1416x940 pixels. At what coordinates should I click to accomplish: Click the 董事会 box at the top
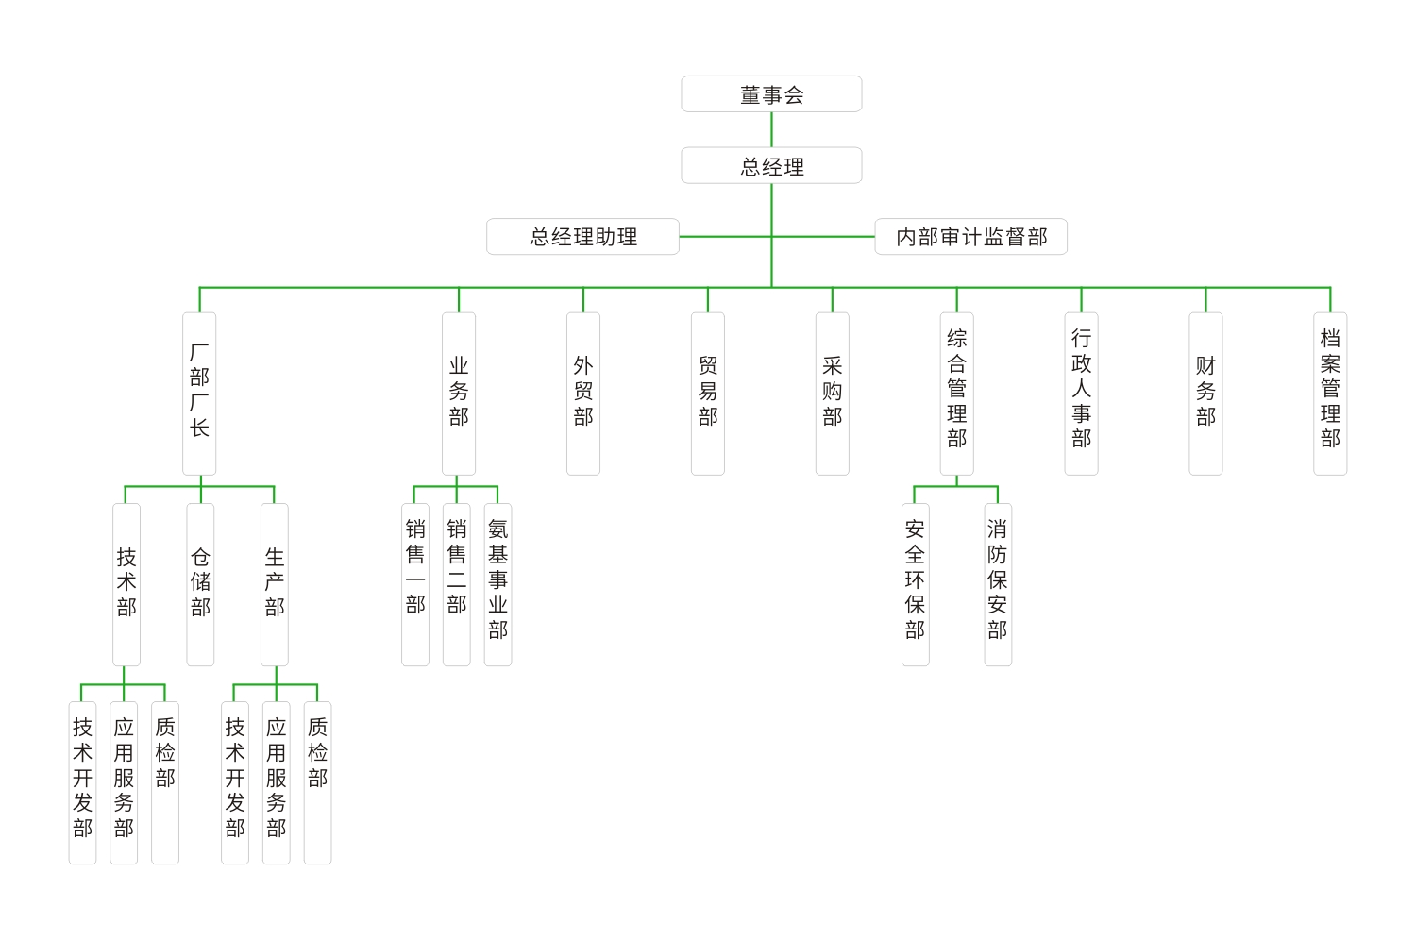coord(771,94)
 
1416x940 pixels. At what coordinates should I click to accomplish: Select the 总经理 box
coord(771,166)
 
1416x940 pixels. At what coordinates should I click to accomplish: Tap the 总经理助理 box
coord(582,237)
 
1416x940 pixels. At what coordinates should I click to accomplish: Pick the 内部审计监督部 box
coord(970,237)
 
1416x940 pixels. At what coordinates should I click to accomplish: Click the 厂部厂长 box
coord(199,394)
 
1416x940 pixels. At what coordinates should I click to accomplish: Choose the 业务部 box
coord(459,394)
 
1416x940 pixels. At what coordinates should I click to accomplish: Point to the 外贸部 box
coord(583,394)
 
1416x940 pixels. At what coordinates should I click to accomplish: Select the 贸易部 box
coord(708,394)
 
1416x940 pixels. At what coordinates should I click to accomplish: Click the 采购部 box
coord(833,394)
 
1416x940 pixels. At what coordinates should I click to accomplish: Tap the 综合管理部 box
coord(956,394)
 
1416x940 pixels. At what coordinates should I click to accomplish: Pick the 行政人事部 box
coord(1081,394)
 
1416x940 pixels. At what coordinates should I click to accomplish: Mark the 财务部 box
coord(1205,394)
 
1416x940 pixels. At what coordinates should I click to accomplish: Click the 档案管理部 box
coord(1330,394)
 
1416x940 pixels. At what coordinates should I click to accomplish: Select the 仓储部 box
coord(200,584)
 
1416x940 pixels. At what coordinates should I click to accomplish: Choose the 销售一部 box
coord(415,584)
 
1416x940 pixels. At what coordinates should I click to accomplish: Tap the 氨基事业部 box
coord(497,584)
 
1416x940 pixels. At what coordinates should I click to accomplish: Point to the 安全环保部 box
coord(915,584)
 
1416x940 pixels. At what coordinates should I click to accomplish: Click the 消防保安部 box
coord(998,584)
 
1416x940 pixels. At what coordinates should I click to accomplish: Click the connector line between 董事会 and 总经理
coord(771,130)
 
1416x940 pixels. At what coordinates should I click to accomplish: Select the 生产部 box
coord(275,584)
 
